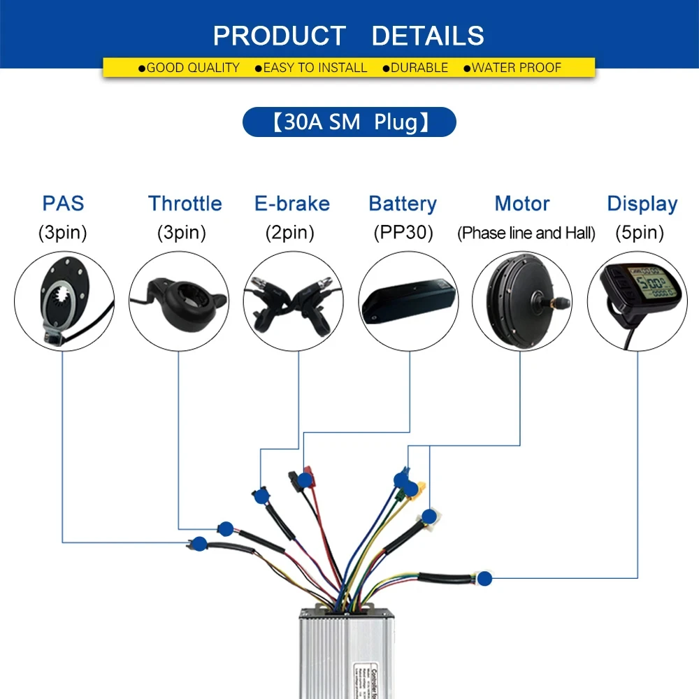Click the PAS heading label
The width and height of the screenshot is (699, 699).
tap(63, 203)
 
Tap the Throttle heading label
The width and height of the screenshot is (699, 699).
tap(185, 203)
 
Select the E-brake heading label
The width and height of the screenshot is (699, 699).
tap(291, 203)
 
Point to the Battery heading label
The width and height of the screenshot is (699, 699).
tap(402, 203)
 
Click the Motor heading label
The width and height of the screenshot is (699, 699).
tap(522, 203)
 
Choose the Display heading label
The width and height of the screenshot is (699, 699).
tap(642, 203)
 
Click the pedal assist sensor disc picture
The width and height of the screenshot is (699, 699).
tap(64, 301)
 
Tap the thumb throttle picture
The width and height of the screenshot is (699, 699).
tap(179, 301)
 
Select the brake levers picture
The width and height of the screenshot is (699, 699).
tap(293, 301)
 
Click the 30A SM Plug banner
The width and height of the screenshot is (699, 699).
tap(349, 122)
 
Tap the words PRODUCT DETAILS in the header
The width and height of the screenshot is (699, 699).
tap(349, 35)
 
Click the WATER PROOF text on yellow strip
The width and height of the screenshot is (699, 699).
tap(517, 68)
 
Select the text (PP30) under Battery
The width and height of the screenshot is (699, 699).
tap(402, 233)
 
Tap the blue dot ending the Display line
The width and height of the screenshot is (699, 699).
tap(484, 578)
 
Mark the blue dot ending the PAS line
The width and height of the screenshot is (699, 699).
tap(199, 542)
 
